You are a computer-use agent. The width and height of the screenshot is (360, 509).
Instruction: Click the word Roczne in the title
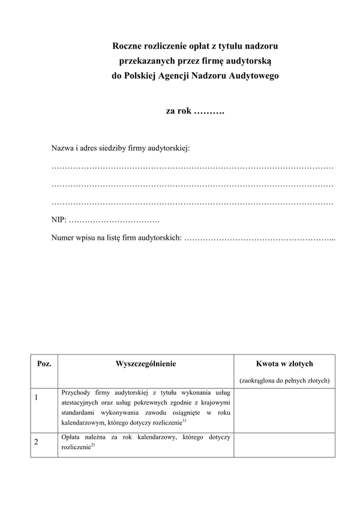click(x=128, y=46)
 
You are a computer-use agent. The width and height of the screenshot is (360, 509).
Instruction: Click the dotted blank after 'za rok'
click(x=209, y=111)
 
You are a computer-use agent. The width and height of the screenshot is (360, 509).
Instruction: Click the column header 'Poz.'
click(x=44, y=364)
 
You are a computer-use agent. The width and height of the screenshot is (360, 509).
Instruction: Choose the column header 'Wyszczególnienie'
click(x=146, y=364)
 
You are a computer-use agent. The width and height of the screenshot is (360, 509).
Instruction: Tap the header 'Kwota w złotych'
click(x=284, y=364)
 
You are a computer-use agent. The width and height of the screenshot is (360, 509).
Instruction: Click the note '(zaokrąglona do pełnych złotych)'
click(x=284, y=381)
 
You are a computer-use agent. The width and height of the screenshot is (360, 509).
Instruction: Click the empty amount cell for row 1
click(x=284, y=409)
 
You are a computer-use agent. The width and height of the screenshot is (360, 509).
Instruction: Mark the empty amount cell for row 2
click(x=284, y=444)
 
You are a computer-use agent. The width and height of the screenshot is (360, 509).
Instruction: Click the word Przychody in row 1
click(x=76, y=393)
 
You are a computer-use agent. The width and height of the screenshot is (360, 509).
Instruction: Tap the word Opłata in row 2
click(x=71, y=438)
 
